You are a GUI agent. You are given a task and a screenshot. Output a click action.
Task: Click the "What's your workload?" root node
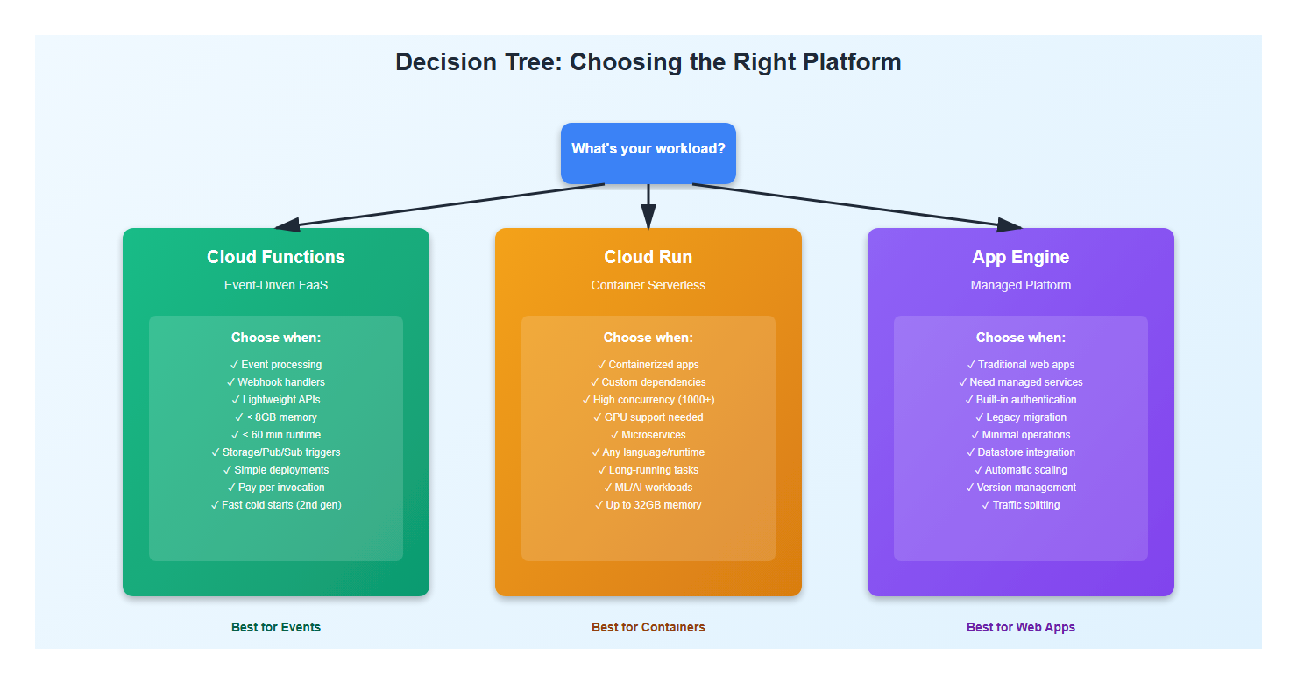coord(648,149)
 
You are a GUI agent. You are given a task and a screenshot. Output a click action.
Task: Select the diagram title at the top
coord(648,62)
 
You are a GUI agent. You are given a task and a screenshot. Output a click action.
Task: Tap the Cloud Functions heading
coord(276,257)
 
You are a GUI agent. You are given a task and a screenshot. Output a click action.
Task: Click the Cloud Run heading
coord(648,257)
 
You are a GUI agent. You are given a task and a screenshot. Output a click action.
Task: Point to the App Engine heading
coord(1021,257)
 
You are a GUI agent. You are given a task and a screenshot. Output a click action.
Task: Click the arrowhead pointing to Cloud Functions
coord(287,225)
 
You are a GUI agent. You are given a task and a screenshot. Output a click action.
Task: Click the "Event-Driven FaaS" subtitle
coord(276,285)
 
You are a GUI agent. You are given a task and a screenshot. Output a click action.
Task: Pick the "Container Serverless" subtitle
coord(648,285)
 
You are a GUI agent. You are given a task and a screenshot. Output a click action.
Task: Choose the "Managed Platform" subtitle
coord(1021,285)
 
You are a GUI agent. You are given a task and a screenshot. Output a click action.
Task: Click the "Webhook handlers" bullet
coord(276,382)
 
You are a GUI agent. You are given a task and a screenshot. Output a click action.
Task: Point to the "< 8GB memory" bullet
coord(276,417)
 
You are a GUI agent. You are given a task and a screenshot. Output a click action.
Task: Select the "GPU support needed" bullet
coord(648,417)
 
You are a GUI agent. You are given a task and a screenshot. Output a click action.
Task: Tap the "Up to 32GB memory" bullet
coord(648,505)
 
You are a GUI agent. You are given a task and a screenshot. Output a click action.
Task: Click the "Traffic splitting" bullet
coord(1021,505)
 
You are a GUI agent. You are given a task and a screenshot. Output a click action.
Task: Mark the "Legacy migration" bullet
coord(1021,417)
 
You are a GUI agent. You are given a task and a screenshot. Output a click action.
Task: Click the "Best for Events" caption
coord(276,627)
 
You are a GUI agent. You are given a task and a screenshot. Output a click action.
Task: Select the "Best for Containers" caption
coord(648,627)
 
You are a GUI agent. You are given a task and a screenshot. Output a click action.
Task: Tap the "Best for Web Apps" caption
coord(1021,627)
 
